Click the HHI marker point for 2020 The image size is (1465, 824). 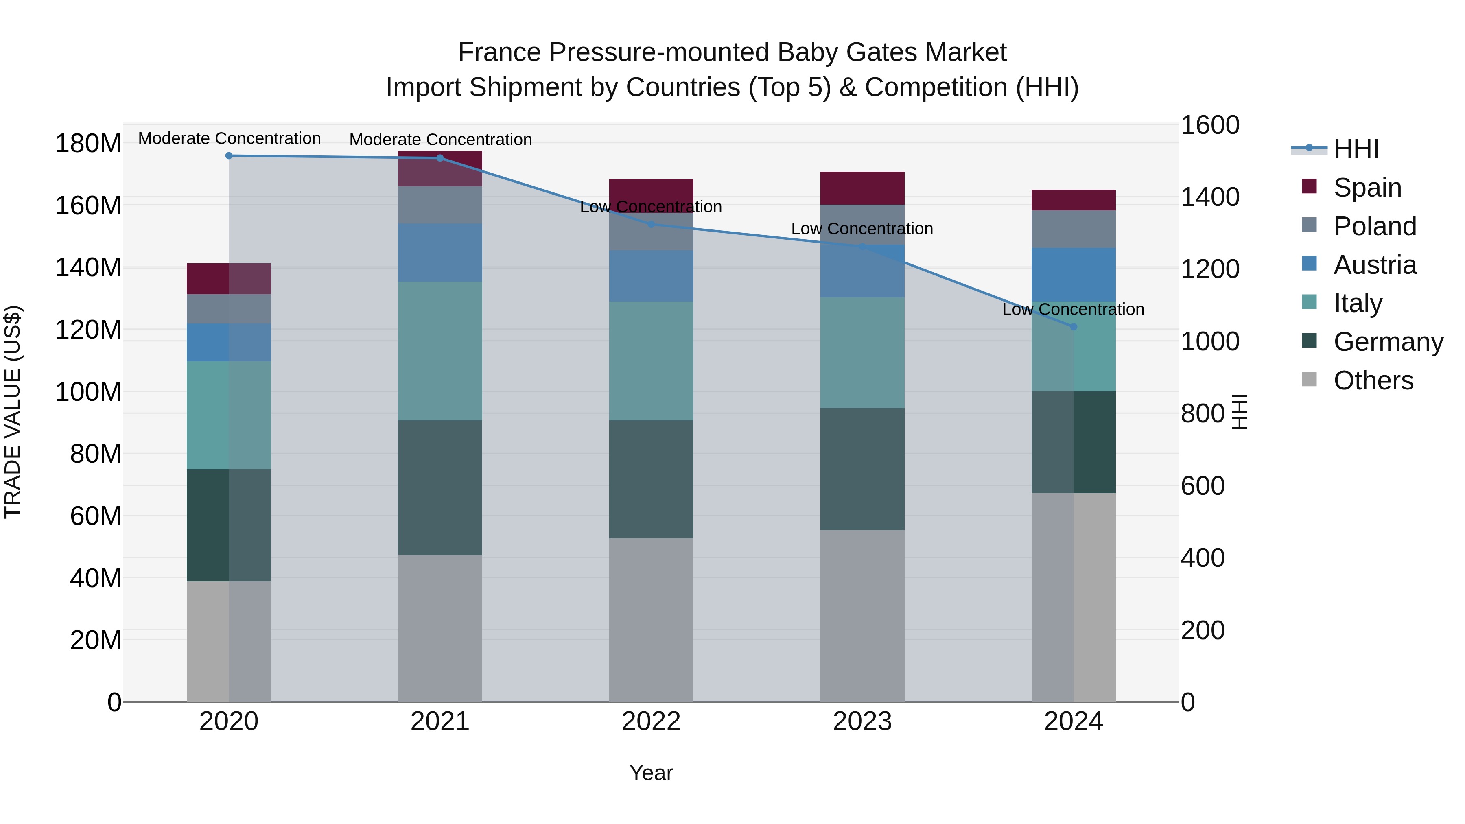point(229,156)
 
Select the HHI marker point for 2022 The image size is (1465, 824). point(651,225)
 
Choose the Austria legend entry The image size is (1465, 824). point(1374,265)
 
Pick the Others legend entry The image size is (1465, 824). point(1372,380)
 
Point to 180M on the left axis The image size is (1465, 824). point(88,143)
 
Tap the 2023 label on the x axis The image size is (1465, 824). point(862,721)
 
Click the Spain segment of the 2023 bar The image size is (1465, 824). point(862,188)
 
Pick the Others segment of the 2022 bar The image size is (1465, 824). point(651,620)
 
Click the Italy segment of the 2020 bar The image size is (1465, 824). point(229,415)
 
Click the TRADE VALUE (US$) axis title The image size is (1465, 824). point(13,412)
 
